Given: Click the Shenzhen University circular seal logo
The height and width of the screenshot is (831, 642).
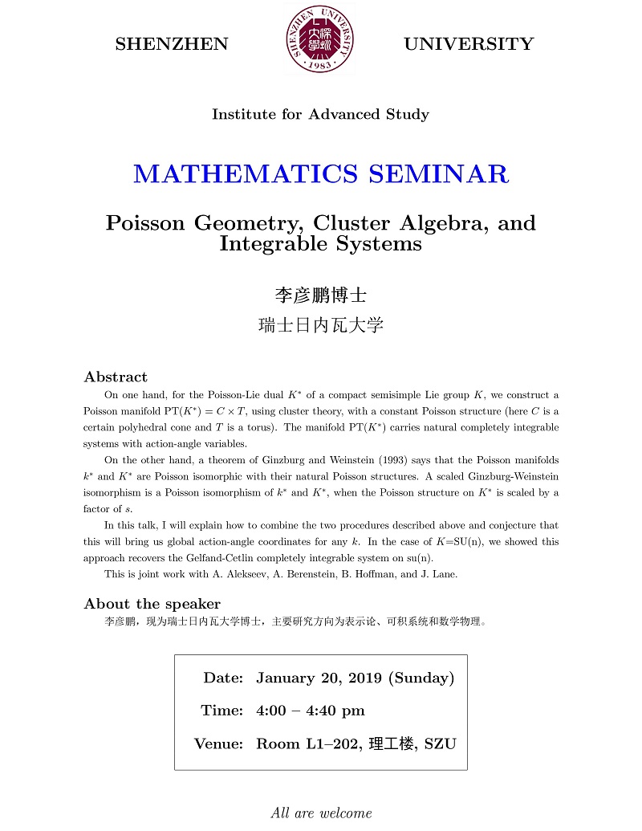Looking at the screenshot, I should (319, 39).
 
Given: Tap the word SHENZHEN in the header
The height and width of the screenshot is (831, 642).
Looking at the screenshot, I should (172, 45).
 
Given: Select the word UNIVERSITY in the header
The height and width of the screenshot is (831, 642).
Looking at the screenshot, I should (469, 45).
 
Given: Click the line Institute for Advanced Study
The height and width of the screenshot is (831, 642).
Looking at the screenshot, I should (320, 115).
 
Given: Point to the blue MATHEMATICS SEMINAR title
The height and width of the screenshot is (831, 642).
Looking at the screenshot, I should (320, 173).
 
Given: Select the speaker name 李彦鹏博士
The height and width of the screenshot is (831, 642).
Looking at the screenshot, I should (320, 295).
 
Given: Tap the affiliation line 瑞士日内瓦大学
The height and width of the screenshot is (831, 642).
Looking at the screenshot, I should (320, 325).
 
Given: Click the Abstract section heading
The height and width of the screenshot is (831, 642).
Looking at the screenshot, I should (116, 377).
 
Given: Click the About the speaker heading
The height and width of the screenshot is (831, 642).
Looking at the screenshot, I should (152, 604).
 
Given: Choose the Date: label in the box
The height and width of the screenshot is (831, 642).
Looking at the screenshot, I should (223, 678).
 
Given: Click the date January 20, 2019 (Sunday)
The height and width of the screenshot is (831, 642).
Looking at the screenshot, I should (355, 678).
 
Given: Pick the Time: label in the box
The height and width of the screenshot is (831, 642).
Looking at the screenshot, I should (221, 711).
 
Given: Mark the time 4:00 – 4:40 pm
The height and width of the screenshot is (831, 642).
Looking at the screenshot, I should (310, 711).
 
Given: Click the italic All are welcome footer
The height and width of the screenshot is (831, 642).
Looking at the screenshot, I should (321, 813).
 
